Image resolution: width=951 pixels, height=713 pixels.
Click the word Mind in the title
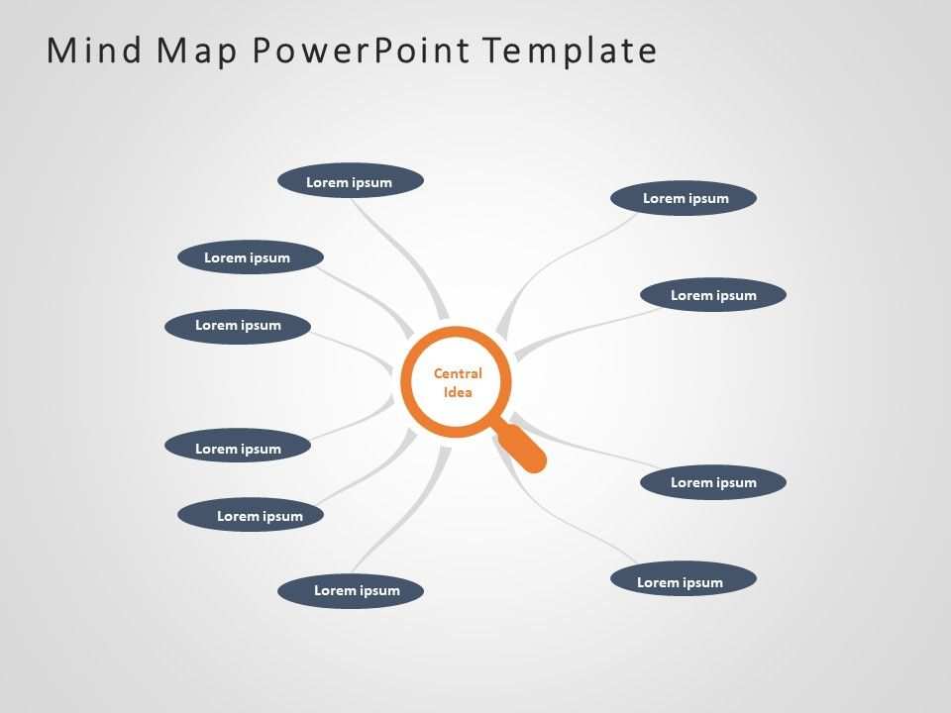pyautogui.click(x=94, y=50)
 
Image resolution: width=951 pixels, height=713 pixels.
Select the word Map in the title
pyautogui.click(x=197, y=51)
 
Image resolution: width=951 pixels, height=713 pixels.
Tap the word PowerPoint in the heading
pyautogui.click(x=361, y=50)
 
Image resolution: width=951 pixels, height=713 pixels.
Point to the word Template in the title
pyautogui.click(x=571, y=51)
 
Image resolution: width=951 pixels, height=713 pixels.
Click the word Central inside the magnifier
pyautogui.click(x=458, y=373)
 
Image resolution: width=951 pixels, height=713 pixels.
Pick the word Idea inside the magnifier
pyautogui.click(x=458, y=392)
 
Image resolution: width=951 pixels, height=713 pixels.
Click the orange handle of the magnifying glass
pyautogui.click(x=522, y=449)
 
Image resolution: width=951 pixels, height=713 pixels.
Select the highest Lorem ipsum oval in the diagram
pyautogui.click(x=351, y=181)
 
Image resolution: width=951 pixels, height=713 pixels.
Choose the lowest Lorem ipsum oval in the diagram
pyautogui.click(x=351, y=590)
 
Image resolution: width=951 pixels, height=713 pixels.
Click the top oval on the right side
pyautogui.click(x=684, y=198)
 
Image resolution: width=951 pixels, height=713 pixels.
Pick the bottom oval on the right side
pyautogui.click(x=684, y=579)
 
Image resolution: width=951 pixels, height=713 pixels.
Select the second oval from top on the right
pyautogui.click(x=713, y=295)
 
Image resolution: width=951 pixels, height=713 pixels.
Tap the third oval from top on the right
pyautogui.click(x=713, y=482)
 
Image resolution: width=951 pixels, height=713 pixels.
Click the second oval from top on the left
pyautogui.click(x=251, y=257)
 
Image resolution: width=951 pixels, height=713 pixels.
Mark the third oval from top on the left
pyautogui.click(x=238, y=326)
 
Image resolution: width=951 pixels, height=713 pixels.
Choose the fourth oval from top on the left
pyautogui.click(x=238, y=447)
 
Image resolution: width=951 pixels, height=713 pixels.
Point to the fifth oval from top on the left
pyautogui.click(x=251, y=515)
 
